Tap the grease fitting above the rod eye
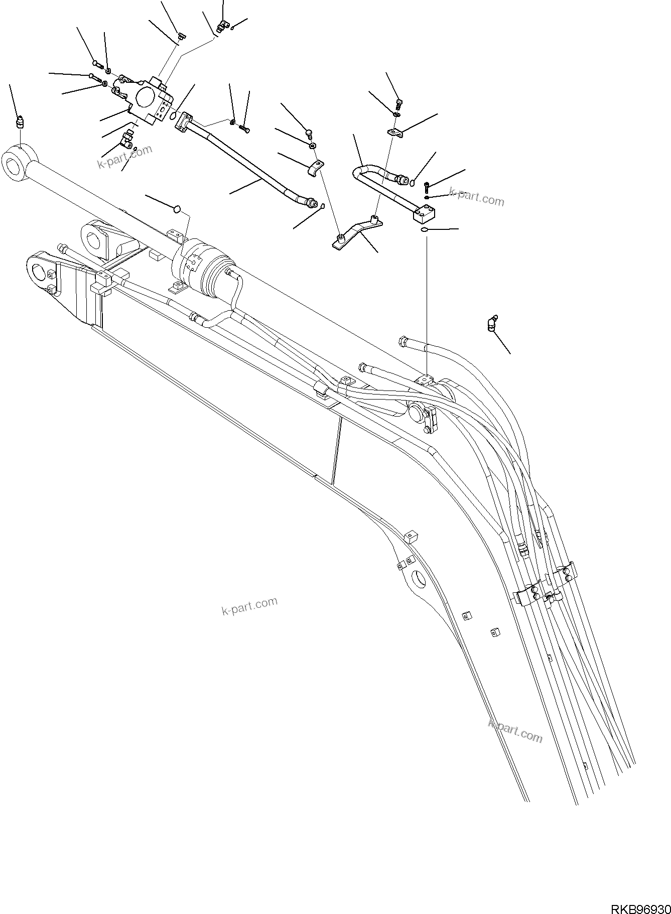(x=20, y=122)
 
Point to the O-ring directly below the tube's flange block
(x=424, y=229)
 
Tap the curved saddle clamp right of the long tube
(x=315, y=168)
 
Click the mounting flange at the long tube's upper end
(x=184, y=121)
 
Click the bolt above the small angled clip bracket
(x=399, y=104)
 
